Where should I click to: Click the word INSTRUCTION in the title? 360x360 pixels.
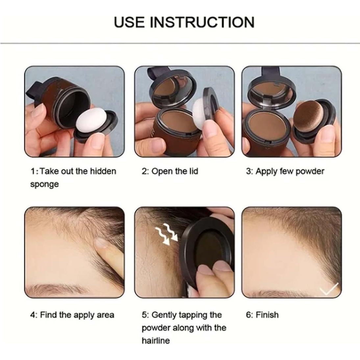tap(202, 22)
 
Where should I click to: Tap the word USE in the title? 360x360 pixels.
tap(129, 22)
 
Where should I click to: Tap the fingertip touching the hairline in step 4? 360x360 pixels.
tap(102, 243)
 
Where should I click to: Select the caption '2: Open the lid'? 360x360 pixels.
tap(170, 171)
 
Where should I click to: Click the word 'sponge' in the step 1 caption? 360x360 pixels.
tap(44, 184)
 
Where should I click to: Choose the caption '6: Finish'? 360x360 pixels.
tap(262, 315)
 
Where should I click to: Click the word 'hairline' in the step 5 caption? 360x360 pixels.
tap(156, 341)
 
